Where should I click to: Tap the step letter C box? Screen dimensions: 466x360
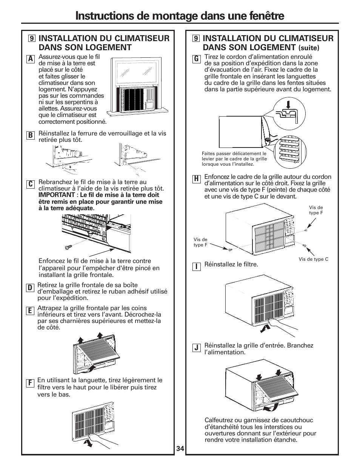pyautogui.click(x=30, y=184)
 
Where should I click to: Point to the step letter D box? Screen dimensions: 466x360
pyautogui.click(x=29, y=288)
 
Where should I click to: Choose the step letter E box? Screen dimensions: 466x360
pyautogui.click(x=29, y=311)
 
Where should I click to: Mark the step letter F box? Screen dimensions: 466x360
pyautogui.click(x=29, y=383)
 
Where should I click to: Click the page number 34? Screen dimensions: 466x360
pyautogui.click(x=180, y=449)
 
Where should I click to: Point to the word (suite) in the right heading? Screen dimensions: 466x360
pyautogui.click(x=309, y=48)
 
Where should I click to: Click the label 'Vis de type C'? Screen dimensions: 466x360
pyautogui.click(x=313, y=259)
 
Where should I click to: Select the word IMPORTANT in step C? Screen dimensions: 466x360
pyautogui.click(x=57, y=195)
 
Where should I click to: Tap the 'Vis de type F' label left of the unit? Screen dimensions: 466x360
pyautogui.click(x=200, y=242)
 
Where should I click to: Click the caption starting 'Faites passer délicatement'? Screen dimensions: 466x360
pyautogui.click(x=234, y=159)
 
